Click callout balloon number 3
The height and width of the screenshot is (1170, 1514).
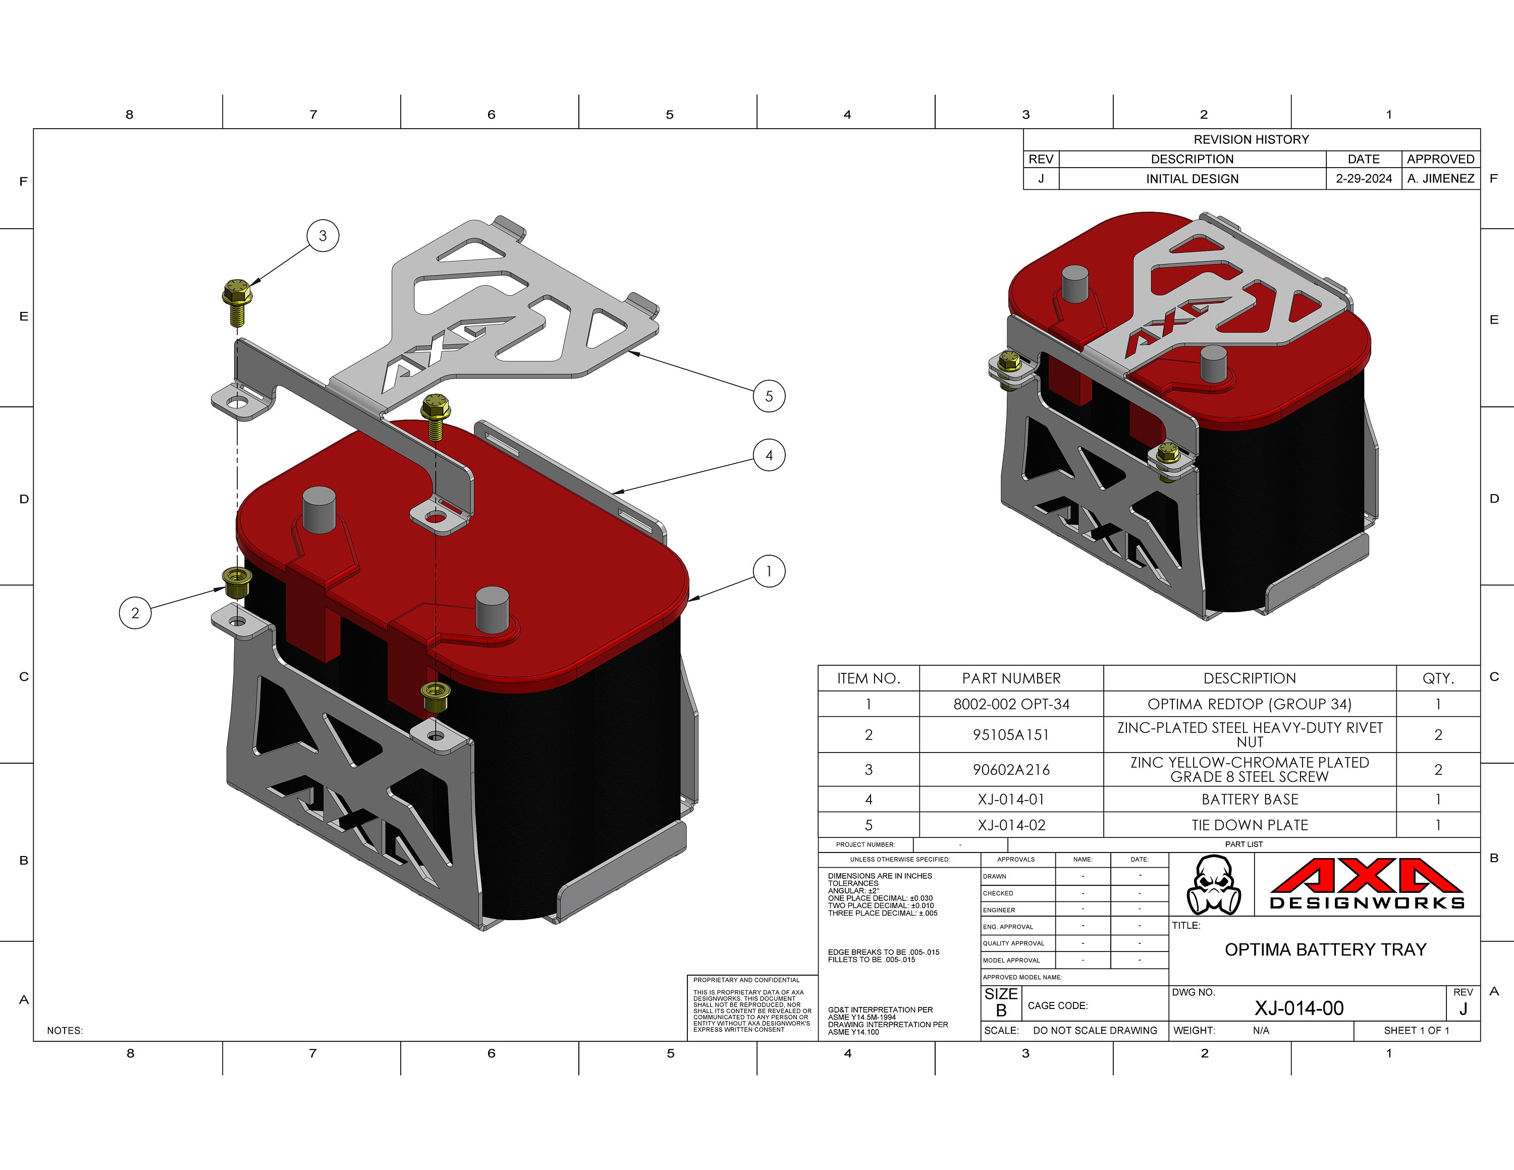pos(322,236)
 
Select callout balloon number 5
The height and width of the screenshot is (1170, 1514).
pos(769,396)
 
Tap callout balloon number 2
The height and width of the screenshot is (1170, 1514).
pos(135,613)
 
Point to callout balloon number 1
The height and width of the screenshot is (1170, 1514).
pos(769,571)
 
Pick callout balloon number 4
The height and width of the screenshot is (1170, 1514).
pos(769,455)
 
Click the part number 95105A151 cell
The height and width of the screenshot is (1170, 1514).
pos(1011,735)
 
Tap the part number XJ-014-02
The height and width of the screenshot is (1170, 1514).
pos(1011,825)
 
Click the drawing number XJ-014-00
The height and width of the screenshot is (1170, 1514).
pos(1299,1008)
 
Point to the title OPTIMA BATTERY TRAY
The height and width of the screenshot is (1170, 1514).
pos(1325,949)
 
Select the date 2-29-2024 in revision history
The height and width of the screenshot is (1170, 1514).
pos(1364,179)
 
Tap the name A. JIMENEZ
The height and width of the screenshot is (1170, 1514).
pos(1440,179)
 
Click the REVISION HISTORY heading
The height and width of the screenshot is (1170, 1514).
pos(1251,139)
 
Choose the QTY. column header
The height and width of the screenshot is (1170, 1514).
pos(1438,678)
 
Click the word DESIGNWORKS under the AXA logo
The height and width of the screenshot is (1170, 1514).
pos(1366,903)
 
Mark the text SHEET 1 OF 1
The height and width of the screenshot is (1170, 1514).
pos(1416,1031)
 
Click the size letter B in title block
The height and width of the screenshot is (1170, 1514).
pos(1001,1011)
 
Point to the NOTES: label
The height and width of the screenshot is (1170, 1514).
pos(65,1031)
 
